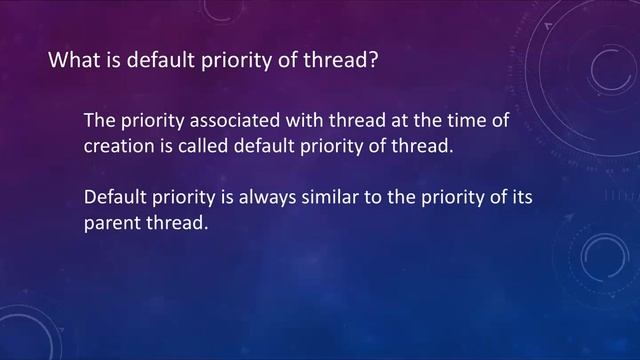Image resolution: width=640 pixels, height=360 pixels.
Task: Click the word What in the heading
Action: pyautogui.click(x=72, y=61)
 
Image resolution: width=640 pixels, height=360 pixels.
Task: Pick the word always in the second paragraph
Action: pyautogui.click(x=272, y=197)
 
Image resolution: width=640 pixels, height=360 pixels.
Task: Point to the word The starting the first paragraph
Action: pyautogui.click(x=100, y=120)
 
